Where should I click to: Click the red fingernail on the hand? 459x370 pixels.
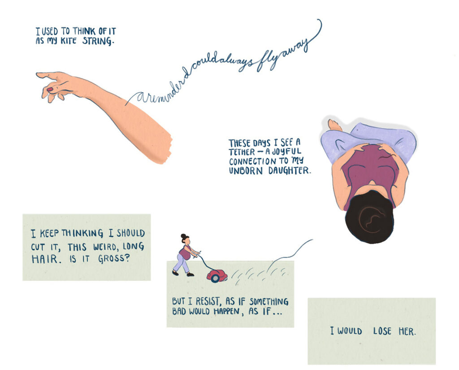(50, 89)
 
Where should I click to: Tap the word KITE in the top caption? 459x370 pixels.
(68, 40)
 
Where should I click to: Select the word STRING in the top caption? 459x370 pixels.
(97, 41)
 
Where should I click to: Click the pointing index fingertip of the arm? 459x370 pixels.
(38, 75)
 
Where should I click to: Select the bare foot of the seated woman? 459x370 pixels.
(334, 125)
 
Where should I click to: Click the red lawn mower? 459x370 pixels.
(217, 276)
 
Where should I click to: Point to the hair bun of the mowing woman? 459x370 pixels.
(183, 236)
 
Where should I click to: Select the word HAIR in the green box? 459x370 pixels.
(45, 259)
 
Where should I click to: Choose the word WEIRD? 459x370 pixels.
(104, 247)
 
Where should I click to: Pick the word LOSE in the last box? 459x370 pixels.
(382, 331)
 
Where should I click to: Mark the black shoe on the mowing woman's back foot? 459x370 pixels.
(175, 273)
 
